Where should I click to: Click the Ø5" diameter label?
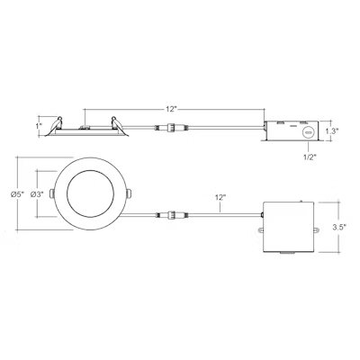[16, 195]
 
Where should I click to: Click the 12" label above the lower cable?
[221, 196]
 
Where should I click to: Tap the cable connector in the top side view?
[167, 130]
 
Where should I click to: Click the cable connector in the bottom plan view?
[167, 216]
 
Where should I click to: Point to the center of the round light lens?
[90, 195]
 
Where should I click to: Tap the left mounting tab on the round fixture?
[53, 195]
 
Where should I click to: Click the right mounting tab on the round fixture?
[127, 193]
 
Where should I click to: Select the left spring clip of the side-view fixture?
[57, 124]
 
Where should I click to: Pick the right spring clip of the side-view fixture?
[114, 124]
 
